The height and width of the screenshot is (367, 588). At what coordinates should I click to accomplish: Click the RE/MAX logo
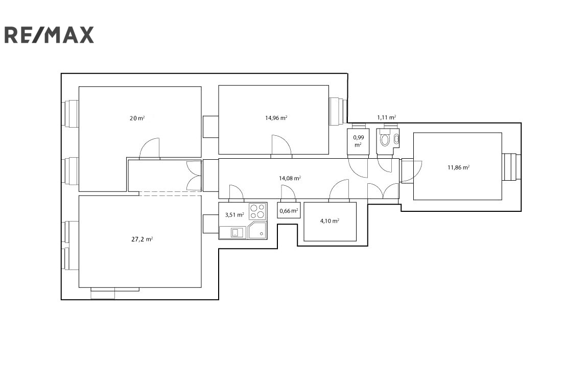tap(49, 35)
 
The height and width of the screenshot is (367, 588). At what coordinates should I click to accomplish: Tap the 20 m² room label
tap(137, 118)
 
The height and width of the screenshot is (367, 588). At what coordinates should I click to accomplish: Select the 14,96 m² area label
tap(276, 118)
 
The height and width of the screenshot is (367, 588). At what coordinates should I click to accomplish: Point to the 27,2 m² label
tap(142, 239)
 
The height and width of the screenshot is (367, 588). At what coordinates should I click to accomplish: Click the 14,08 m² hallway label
tap(290, 178)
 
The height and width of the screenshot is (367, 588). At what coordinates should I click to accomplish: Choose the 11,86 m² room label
tap(459, 167)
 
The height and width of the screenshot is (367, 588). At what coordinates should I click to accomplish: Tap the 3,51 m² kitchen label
tap(234, 215)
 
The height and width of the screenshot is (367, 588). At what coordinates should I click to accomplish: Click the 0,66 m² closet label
tap(289, 211)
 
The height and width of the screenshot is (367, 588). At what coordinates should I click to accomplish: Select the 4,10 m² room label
tap(330, 221)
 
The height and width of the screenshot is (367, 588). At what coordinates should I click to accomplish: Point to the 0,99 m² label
tap(359, 141)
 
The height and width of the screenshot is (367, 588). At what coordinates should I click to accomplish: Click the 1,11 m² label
tap(387, 117)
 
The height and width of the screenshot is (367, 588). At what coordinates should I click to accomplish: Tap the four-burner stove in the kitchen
tap(257, 211)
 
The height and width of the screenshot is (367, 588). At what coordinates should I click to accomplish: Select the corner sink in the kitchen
tap(257, 230)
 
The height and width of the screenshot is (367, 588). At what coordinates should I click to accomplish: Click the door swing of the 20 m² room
tap(150, 149)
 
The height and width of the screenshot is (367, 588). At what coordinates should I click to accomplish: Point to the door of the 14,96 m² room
tap(281, 145)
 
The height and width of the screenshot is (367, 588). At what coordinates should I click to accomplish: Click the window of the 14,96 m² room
tap(338, 111)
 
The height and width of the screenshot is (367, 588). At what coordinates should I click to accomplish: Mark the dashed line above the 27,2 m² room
tap(170, 193)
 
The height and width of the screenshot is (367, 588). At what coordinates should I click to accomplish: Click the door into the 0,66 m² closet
tap(288, 192)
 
